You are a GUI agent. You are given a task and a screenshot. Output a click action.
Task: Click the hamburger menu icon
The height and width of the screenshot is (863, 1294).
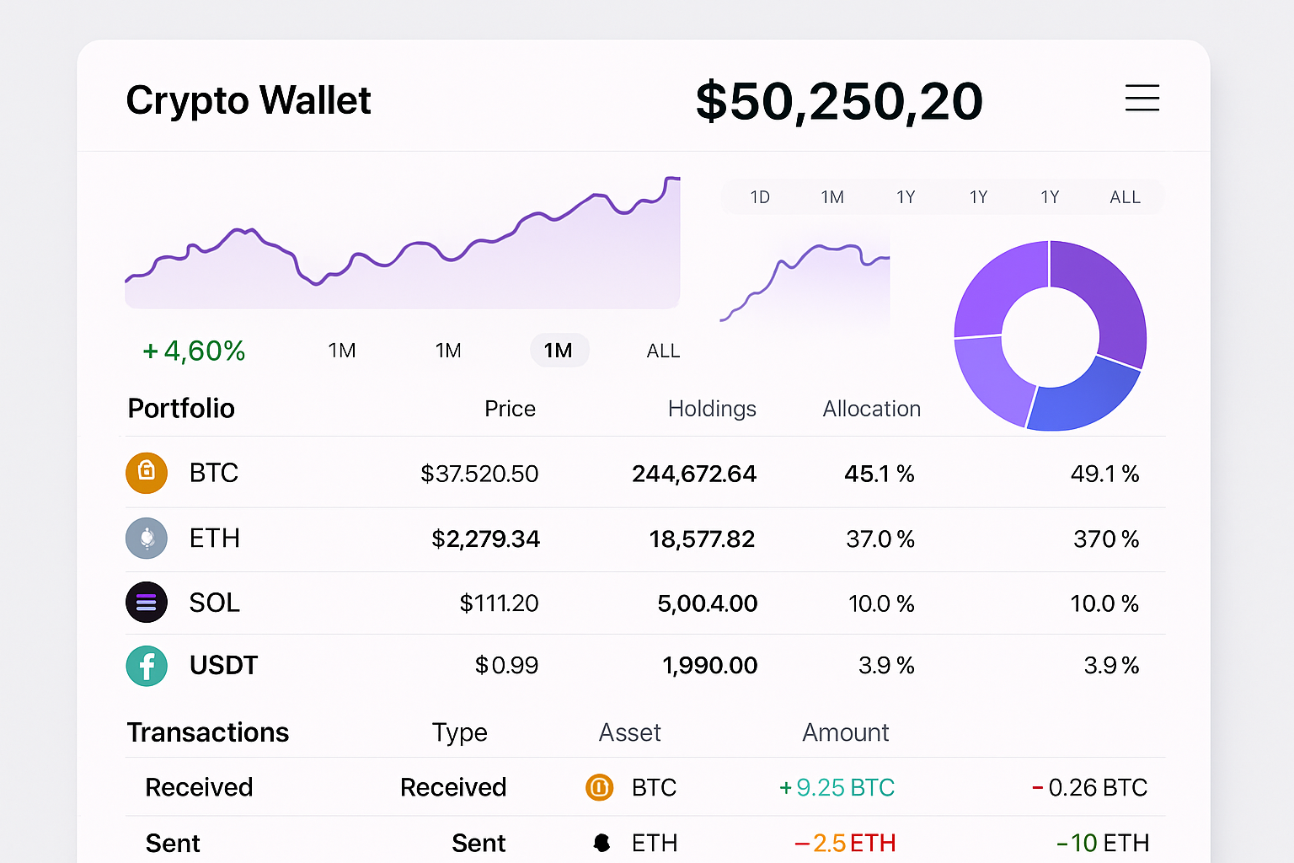click(1142, 98)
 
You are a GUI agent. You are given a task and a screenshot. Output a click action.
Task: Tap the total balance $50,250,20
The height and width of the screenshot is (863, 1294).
click(839, 101)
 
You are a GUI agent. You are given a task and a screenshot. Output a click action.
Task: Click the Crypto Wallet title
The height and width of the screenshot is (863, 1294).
click(249, 100)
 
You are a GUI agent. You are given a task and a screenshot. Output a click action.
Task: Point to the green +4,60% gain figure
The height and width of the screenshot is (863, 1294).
click(194, 351)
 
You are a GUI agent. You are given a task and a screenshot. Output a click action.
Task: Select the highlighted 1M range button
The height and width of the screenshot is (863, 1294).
click(559, 351)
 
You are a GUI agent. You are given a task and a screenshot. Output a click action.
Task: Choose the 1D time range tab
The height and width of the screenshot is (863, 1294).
click(760, 197)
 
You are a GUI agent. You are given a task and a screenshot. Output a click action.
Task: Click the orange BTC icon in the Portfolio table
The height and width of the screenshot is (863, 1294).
click(147, 473)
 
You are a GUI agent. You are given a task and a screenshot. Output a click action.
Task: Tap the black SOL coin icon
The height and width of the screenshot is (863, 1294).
click(147, 603)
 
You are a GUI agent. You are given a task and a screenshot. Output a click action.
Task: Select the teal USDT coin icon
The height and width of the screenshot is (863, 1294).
click(147, 666)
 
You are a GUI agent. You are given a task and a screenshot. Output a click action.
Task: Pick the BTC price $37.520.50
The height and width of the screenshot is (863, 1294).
click(479, 474)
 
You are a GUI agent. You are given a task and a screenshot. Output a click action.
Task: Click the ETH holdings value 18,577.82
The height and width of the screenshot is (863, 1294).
click(702, 539)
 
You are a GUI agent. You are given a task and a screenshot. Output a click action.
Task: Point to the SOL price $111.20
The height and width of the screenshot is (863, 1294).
click(499, 603)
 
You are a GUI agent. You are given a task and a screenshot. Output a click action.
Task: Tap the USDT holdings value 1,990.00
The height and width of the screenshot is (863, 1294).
click(709, 666)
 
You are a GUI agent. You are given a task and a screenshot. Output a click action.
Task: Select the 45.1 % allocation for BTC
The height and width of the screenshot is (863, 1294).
click(879, 474)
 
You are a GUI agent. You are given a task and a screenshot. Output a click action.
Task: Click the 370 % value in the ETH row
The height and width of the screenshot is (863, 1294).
click(1105, 539)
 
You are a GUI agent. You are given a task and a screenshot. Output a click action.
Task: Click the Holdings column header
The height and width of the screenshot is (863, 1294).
click(712, 409)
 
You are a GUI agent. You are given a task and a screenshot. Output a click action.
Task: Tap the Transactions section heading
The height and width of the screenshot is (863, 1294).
click(208, 732)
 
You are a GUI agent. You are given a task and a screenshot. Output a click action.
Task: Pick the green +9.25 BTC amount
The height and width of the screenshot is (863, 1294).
click(837, 788)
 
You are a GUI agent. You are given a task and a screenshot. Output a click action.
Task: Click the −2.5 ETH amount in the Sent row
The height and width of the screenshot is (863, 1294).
click(845, 843)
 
